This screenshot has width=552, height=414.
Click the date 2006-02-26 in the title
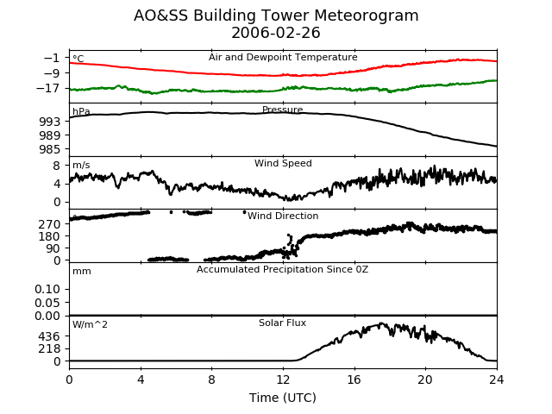click(276, 33)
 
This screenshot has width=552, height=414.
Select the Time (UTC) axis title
click(283, 398)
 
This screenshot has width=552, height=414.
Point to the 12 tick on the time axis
click(283, 379)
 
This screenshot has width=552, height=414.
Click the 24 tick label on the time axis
click(497, 379)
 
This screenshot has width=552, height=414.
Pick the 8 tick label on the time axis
click(211, 379)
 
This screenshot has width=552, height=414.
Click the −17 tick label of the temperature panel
click(48, 88)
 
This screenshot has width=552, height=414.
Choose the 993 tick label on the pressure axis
click(50, 122)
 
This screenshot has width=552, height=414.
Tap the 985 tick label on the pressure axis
click(50, 149)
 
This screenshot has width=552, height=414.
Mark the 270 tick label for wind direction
click(50, 224)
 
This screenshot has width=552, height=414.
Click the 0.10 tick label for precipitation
click(47, 290)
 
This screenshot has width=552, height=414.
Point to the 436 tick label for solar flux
click(50, 337)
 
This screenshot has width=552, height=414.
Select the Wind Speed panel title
click(283, 163)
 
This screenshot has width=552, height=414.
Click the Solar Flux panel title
click(282, 323)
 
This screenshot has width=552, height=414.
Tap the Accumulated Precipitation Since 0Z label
click(282, 270)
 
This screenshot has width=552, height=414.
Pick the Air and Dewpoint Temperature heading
click(283, 58)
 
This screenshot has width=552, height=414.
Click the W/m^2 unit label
click(90, 324)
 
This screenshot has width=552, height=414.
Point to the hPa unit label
click(81, 111)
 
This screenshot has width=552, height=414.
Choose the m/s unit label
click(81, 165)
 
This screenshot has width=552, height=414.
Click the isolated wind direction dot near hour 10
click(244, 212)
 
